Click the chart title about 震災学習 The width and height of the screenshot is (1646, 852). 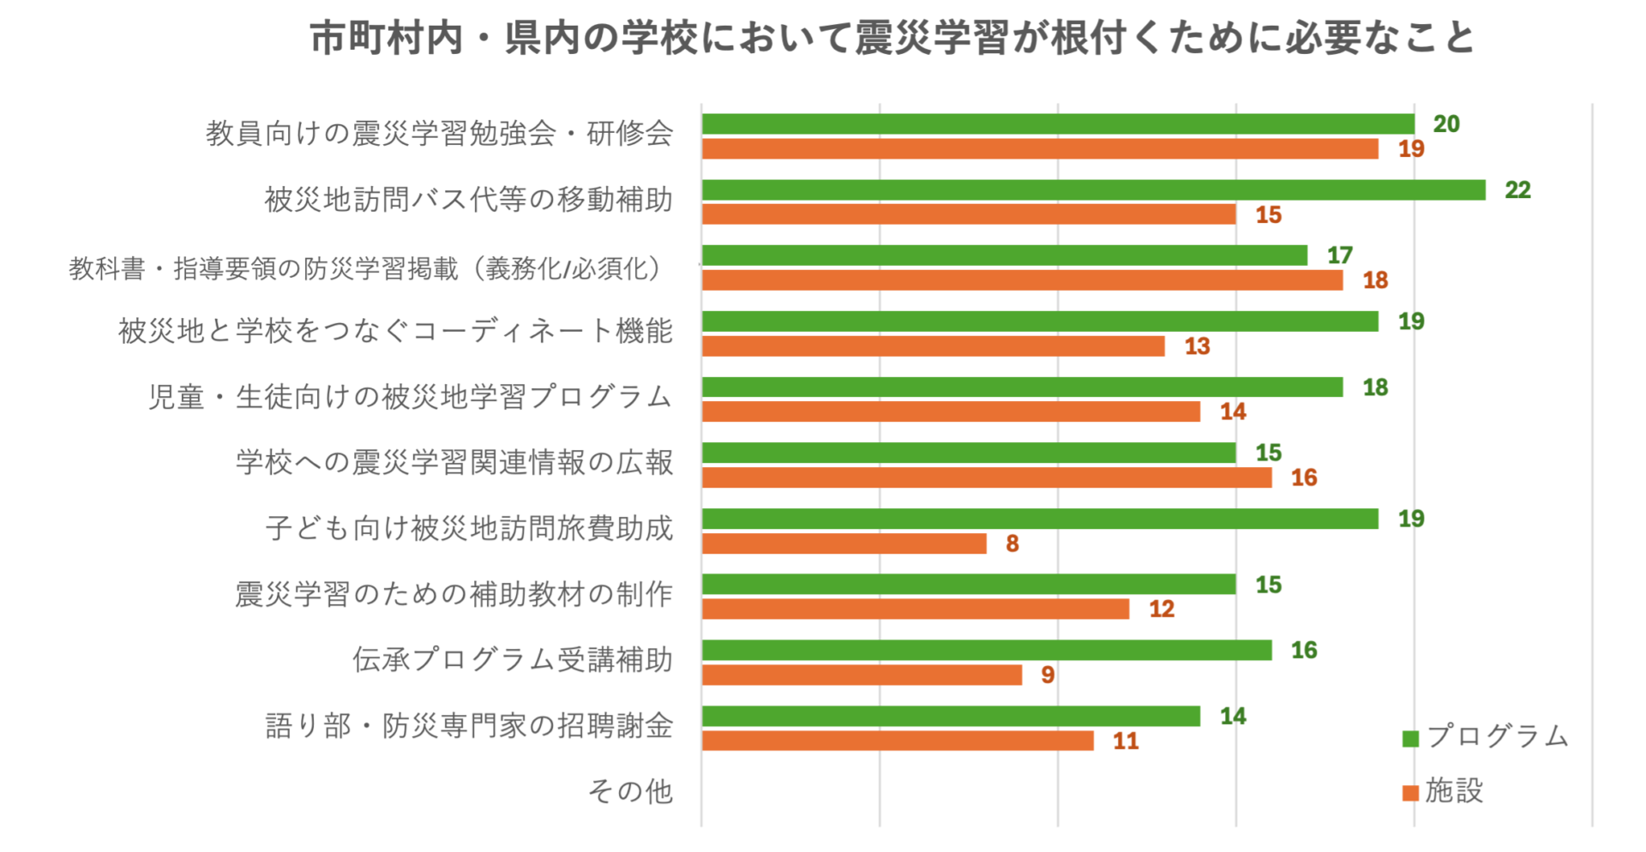point(892,39)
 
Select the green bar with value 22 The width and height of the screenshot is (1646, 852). point(1093,190)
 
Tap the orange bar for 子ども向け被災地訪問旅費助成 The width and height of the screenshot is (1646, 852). point(844,543)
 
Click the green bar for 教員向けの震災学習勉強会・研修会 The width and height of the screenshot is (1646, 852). point(1058,124)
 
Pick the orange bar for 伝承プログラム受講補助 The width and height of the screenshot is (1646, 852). point(862,675)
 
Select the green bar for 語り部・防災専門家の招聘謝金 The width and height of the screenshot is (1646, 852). point(951,717)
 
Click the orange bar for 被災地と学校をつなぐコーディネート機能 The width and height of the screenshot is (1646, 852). point(933,346)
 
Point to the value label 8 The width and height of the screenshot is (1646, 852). point(1012,543)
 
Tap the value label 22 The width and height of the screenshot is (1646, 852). point(1517,190)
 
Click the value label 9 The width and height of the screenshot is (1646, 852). point(1048,675)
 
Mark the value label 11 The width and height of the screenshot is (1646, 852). point(1126,741)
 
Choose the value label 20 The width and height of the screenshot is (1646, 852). point(1446,124)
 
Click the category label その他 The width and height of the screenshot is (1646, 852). point(630,791)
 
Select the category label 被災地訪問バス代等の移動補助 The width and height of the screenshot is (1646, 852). point(468,200)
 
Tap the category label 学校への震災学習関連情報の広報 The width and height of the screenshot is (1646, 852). point(454,463)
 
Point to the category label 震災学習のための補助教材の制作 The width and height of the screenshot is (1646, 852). point(454,594)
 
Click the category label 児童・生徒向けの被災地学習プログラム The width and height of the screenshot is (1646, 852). point(410,397)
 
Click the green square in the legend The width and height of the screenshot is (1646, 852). point(1410,739)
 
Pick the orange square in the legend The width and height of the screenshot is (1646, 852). point(1410,793)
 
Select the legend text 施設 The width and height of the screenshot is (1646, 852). point(1454,791)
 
